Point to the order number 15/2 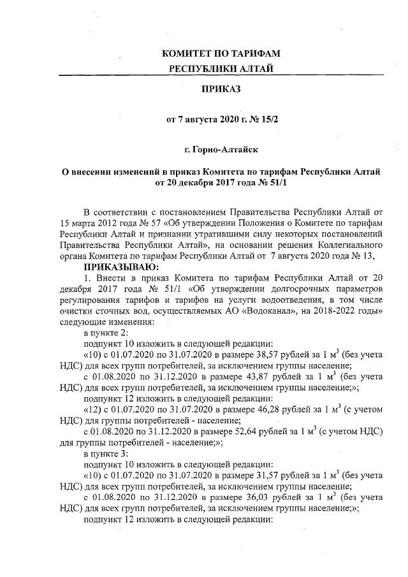coord(268,119)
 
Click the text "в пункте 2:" coord(106,334)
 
